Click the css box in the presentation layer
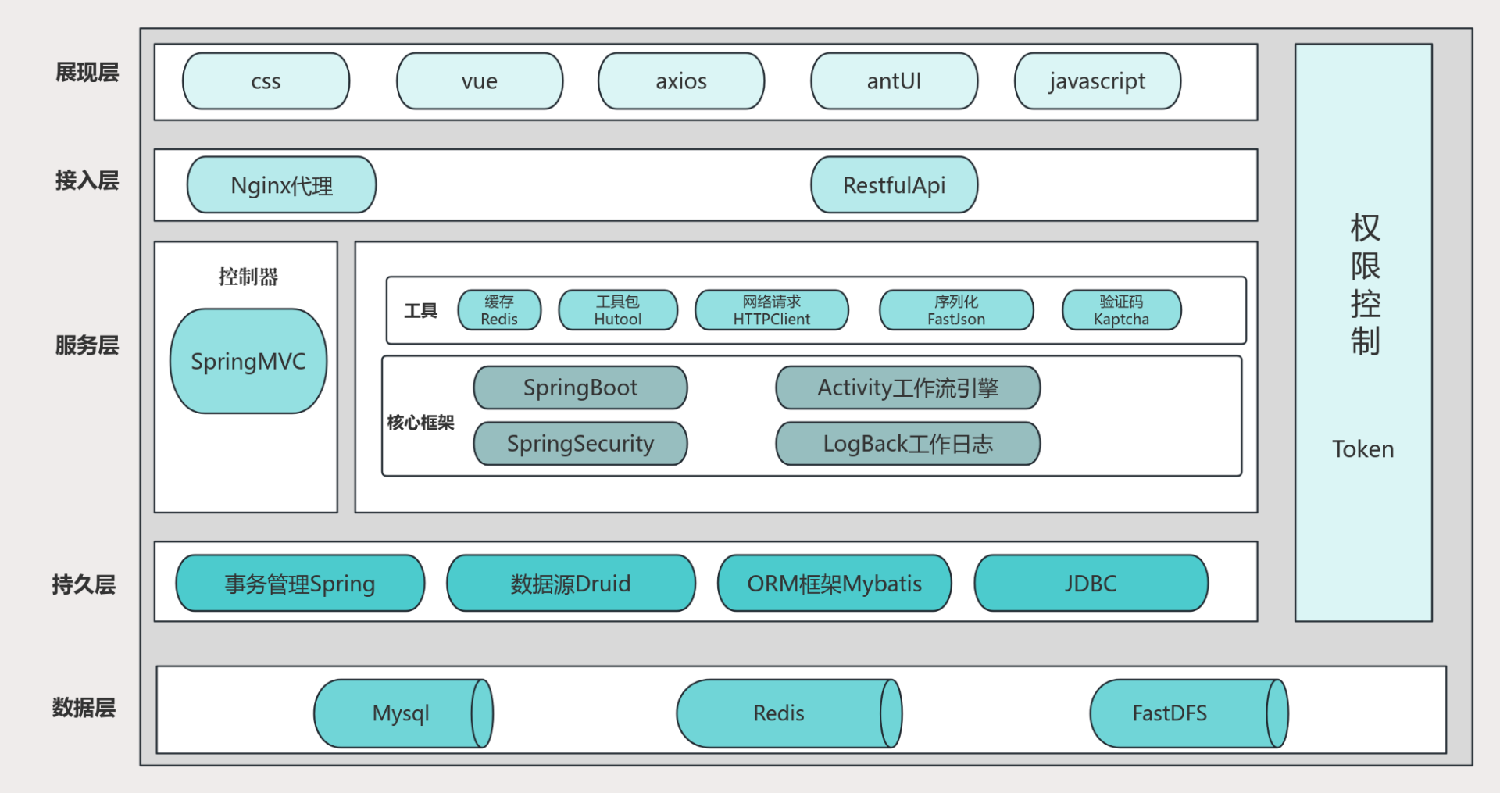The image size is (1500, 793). click(266, 81)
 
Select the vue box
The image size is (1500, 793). click(480, 81)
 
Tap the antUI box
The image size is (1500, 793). click(894, 81)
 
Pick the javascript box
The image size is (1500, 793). click(1097, 81)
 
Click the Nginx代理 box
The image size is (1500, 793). click(281, 185)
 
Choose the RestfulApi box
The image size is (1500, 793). click(894, 185)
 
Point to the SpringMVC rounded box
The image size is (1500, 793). click(248, 361)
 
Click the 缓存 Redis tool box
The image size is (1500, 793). click(499, 310)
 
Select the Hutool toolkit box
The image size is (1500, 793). click(617, 310)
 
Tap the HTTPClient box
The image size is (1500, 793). click(771, 310)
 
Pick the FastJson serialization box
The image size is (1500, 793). click(955, 310)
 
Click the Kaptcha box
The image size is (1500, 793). click(1121, 310)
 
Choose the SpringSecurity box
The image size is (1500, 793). click(580, 444)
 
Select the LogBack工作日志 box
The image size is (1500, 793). click(907, 444)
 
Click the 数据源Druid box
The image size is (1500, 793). click(570, 584)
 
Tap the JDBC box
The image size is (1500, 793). click(1091, 584)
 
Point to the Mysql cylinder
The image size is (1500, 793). click(402, 713)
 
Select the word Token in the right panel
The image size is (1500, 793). click(1362, 449)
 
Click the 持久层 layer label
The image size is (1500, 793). click(84, 584)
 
